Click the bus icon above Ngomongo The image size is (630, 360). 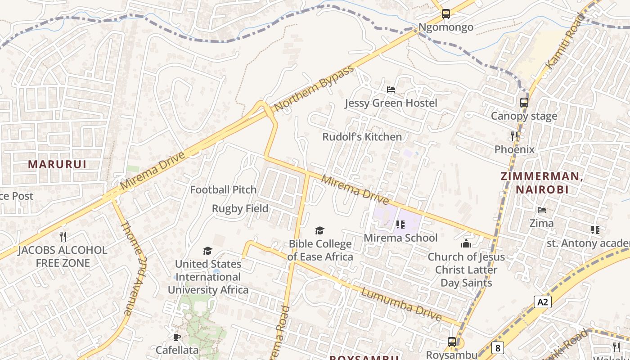(x=445, y=14)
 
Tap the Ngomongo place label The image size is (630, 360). (x=445, y=27)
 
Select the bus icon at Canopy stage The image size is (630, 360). (x=524, y=102)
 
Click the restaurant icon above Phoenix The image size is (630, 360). (x=514, y=135)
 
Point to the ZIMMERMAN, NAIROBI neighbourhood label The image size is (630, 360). (x=542, y=183)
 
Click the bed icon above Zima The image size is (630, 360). (x=542, y=210)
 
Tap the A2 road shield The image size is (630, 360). (x=543, y=302)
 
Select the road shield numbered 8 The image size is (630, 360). (x=497, y=347)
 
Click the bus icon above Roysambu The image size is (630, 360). (x=451, y=342)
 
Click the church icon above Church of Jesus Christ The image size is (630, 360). (x=466, y=243)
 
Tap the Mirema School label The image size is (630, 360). (x=400, y=238)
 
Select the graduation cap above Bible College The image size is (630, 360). (x=319, y=231)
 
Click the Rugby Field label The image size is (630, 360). (x=240, y=208)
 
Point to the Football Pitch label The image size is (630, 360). (x=223, y=190)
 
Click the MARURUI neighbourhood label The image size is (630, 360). (x=57, y=164)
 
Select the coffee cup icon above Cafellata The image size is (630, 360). (x=176, y=337)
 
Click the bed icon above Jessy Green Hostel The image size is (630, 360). (x=391, y=90)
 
